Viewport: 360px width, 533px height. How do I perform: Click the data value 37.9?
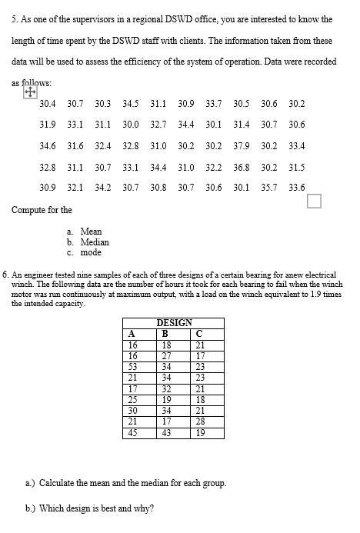[x=241, y=145]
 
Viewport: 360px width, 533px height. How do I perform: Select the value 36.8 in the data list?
[x=241, y=166]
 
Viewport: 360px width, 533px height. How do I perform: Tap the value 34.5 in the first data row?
[x=130, y=104]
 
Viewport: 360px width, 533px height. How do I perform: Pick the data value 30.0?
[x=130, y=125]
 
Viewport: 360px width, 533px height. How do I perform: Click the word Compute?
[x=33, y=210]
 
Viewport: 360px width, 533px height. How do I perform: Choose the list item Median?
[x=95, y=242]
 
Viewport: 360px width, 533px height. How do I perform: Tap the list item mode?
[x=91, y=252]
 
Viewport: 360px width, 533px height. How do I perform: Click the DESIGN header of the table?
[x=174, y=323]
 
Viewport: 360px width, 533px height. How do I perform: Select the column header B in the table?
[x=164, y=333]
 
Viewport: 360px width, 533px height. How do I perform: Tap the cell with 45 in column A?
[x=132, y=432]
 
